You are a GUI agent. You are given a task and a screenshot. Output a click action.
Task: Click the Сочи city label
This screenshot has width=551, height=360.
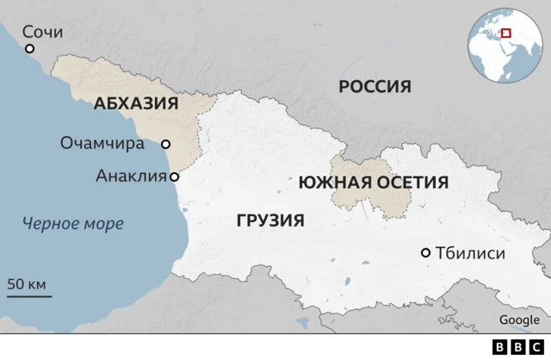[42, 32]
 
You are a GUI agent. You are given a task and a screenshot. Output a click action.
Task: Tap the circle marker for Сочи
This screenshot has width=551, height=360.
[30, 49]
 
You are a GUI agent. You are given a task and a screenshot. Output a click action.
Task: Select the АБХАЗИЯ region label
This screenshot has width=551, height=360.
[135, 104]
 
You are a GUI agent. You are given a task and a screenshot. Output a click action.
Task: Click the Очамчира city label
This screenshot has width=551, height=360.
[102, 144]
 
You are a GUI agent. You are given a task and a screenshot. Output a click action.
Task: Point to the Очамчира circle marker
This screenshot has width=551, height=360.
[166, 145]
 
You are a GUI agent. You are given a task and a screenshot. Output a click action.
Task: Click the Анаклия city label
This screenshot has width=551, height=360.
[130, 177]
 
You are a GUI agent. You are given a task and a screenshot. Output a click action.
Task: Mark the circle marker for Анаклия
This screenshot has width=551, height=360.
[175, 177]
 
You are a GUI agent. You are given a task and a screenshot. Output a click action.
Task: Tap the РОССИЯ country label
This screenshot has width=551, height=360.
[375, 86]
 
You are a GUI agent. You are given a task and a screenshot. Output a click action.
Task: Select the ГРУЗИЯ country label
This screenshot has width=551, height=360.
[269, 220]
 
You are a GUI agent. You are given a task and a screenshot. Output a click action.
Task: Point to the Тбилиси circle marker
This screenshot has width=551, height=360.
[425, 253]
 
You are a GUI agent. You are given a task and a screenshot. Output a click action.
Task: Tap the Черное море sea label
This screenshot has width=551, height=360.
[73, 224]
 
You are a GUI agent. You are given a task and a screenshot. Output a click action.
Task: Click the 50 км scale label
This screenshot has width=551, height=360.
[27, 283]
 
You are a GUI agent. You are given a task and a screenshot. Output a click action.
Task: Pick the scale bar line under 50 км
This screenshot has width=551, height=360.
[29, 296]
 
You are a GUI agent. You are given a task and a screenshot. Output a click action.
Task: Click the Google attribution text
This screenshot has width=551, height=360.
[519, 320]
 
